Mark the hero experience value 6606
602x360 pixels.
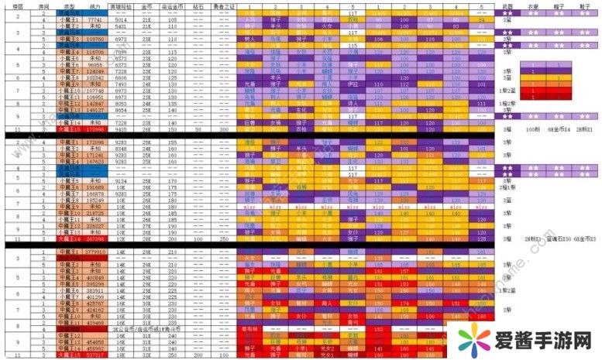[121, 78]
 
